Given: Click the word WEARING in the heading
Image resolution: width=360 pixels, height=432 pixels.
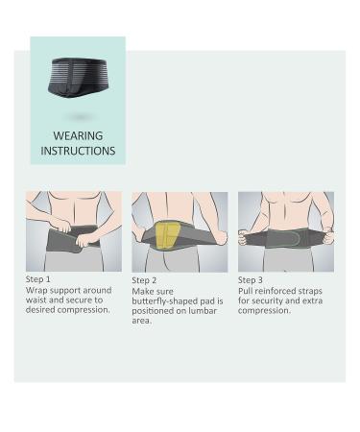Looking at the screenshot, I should (x=78, y=135).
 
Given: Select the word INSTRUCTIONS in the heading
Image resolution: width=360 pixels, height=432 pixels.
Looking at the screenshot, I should (x=78, y=151).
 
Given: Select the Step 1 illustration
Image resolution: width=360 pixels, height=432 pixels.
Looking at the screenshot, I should (x=74, y=230).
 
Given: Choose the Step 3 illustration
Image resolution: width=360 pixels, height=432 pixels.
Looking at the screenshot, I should (x=286, y=230).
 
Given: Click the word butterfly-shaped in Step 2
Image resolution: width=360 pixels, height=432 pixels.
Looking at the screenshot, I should (x=164, y=301).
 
